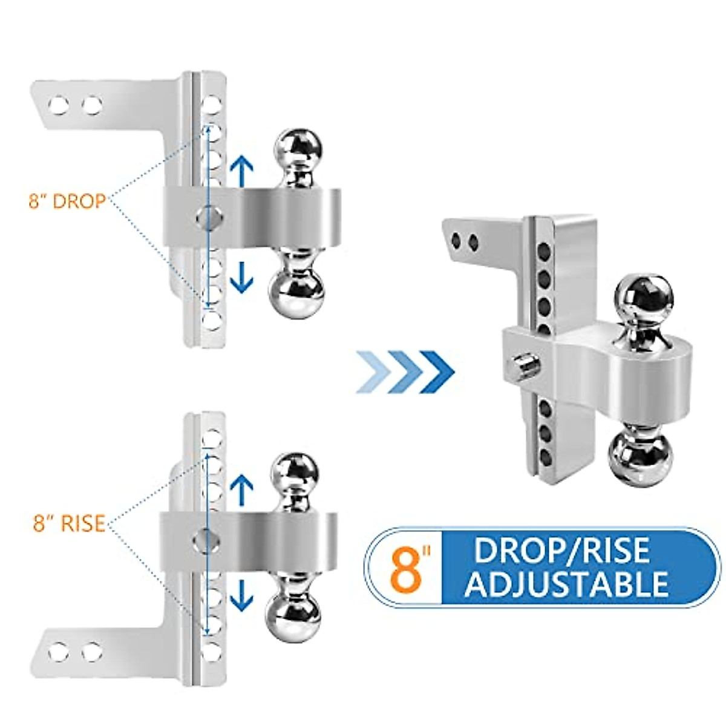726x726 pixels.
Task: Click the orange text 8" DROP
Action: click(x=67, y=201)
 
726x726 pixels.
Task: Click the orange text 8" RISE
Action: click(x=69, y=523)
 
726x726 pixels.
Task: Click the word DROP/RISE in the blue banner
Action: click(x=561, y=551)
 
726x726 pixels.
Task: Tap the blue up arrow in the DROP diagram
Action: click(x=243, y=170)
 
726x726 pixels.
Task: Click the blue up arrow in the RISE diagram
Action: click(x=243, y=490)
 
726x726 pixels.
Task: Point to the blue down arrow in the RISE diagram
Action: click(x=243, y=596)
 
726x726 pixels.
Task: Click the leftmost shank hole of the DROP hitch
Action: click(x=58, y=106)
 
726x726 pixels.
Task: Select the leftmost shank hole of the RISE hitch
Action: click(x=58, y=653)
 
